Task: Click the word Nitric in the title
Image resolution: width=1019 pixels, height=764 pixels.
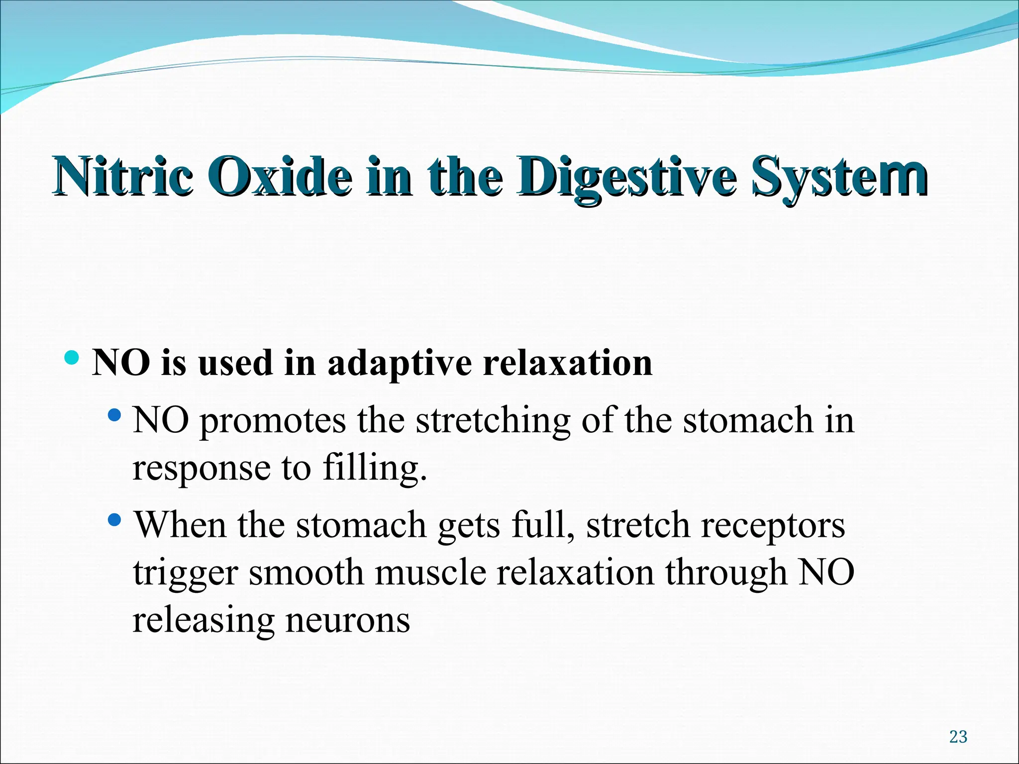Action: pos(122,177)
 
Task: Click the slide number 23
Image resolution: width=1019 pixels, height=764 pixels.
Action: pos(958,737)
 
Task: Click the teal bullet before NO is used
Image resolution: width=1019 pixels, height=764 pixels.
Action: pos(72,358)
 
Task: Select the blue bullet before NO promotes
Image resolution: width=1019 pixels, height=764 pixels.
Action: pos(114,414)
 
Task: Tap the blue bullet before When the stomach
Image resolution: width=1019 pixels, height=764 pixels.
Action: pos(114,520)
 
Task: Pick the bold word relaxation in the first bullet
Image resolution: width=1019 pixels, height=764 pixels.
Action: pos(567,363)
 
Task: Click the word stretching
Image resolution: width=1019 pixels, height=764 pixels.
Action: pos(493,421)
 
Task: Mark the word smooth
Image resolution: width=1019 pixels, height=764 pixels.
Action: pos(306,573)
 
